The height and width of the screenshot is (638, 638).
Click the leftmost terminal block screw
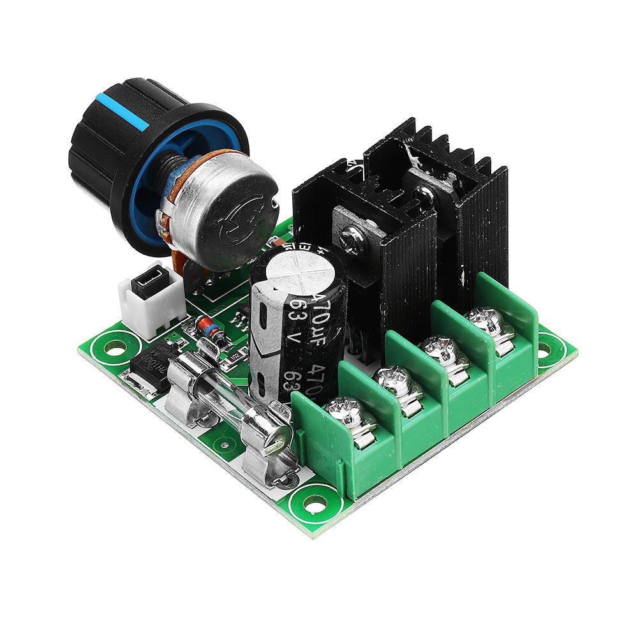click(x=345, y=412)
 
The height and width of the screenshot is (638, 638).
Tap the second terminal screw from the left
click(x=394, y=381)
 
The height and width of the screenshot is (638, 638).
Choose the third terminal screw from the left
click(x=440, y=350)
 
